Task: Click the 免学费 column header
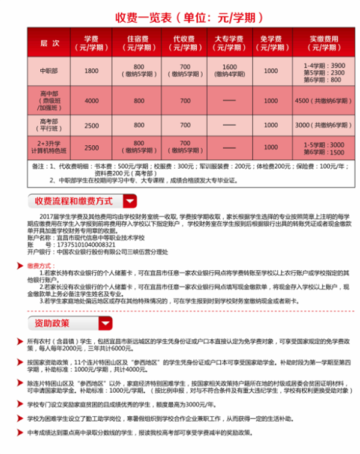271,44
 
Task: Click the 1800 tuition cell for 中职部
91,71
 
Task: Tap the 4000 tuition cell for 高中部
91,100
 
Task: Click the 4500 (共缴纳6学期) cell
322,100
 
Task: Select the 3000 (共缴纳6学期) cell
322,125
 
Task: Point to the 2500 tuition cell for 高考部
91,125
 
